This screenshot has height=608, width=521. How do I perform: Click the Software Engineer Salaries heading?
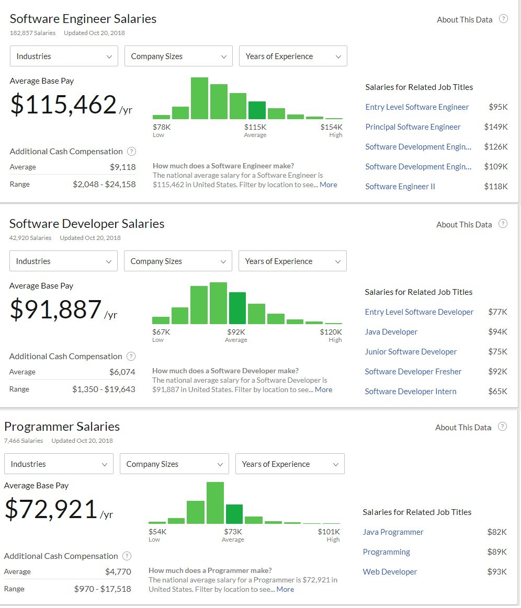tap(83, 19)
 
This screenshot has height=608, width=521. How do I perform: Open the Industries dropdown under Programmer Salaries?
tap(59, 464)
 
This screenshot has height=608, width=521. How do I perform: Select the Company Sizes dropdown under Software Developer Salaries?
tap(178, 261)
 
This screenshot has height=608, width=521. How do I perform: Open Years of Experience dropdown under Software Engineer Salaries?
tap(293, 56)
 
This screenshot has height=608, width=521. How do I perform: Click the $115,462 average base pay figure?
tap(63, 105)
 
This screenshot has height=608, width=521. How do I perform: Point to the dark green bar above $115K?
tap(257, 110)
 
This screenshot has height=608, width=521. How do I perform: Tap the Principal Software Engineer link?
tap(413, 127)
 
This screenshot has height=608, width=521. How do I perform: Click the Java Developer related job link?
tap(391, 332)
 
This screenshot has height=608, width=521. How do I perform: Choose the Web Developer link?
tap(390, 572)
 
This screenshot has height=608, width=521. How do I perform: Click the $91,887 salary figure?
tap(56, 309)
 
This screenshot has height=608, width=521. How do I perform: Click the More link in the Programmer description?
tap(285, 589)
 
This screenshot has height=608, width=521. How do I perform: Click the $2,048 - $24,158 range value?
tap(104, 184)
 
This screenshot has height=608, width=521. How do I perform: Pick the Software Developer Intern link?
tap(410, 392)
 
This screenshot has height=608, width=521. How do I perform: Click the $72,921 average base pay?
tap(51, 509)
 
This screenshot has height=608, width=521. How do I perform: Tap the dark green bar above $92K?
tap(237, 308)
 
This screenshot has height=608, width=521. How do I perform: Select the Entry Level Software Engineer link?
tap(417, 107)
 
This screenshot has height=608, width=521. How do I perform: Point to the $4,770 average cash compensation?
tap(118, 571)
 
